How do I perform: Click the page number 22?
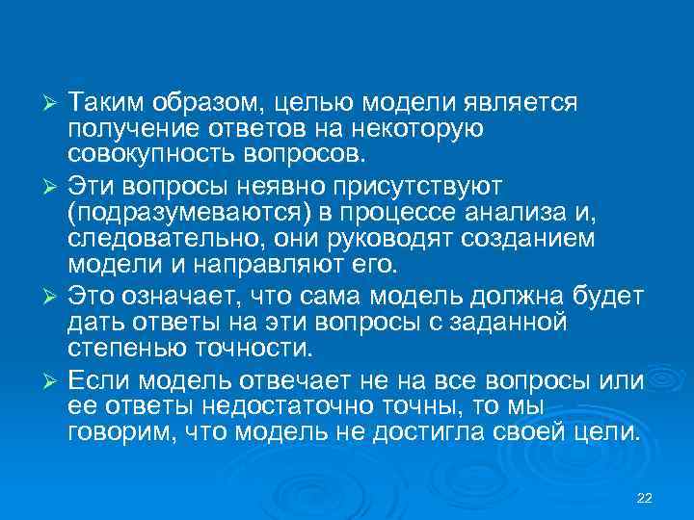645,497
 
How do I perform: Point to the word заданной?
543,319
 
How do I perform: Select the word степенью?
126,346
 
